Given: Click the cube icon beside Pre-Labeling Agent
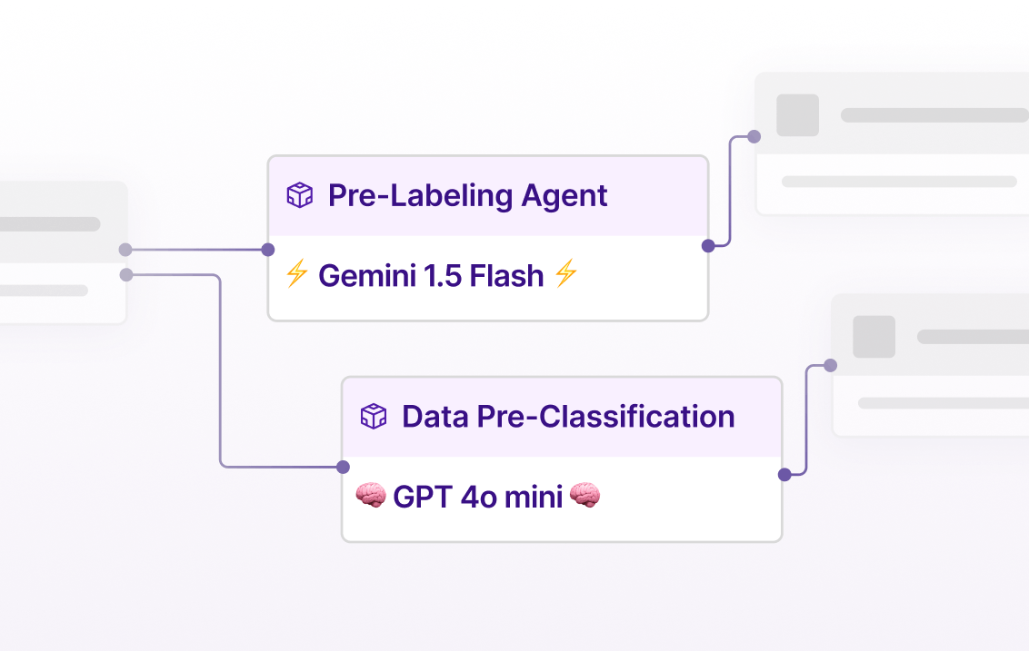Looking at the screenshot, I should tap(299, 195).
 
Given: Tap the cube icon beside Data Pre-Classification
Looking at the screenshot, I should tap(374, 417).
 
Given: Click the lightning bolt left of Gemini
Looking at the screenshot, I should tap(296, 274).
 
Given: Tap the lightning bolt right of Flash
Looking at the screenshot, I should tap(565, 274).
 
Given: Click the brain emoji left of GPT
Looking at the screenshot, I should tap(370, 496).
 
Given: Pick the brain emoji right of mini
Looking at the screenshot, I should tap(584, 496).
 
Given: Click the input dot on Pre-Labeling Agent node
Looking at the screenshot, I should tap(268, 250).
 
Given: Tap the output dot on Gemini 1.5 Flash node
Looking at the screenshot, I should tap(708, 245).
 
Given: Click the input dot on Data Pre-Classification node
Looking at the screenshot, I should tap(343, 468).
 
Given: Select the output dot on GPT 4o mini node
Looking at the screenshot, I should tap(784, 474).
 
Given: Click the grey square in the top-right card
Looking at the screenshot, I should tap(797, 115).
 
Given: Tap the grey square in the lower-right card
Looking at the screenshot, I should tap(874, 337).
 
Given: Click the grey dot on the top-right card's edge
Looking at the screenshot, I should tap(754, 137).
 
